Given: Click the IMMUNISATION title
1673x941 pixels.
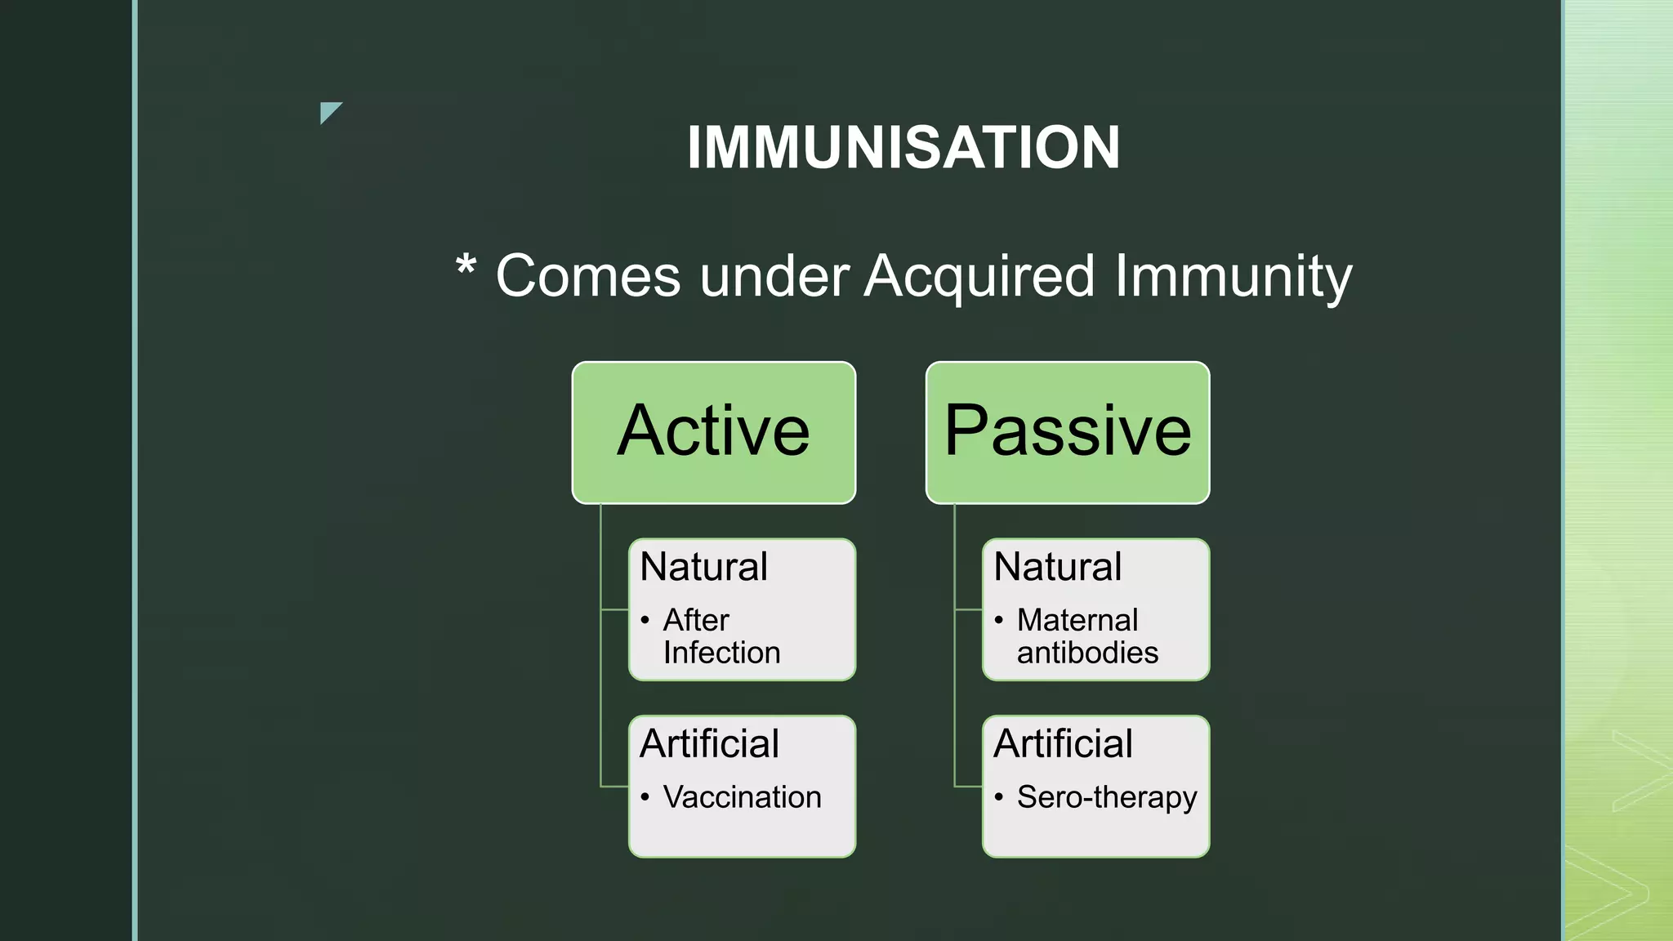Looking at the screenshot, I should point(903,148).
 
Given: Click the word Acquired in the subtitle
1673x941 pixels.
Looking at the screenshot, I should point(979,277).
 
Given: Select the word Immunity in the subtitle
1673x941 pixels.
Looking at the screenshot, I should point(1233,277).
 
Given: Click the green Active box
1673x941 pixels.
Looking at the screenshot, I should point(713,432).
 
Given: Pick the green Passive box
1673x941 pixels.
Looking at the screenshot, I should point(1067,432).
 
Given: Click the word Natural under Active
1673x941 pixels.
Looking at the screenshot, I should point(703,567).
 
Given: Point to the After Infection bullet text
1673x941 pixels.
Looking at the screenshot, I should point(721,636).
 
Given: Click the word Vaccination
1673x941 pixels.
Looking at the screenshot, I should point(742,797).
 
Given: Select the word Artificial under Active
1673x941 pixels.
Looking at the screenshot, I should point(709,744).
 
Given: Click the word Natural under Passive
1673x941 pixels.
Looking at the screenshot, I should point(1057,567).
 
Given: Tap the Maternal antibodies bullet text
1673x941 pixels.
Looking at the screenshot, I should point(1086,636).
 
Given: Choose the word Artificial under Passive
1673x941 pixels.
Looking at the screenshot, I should point(1063,744).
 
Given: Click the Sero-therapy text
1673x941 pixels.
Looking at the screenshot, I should point(1107,797).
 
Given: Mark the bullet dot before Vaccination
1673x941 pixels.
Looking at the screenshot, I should point(645,798).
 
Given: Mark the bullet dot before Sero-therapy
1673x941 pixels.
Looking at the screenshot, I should point(999,798).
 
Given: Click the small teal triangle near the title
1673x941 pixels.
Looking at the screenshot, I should point(328,110).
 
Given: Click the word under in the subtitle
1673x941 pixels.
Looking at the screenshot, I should point(774,277).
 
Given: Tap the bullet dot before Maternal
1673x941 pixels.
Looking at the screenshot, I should point(999,621).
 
